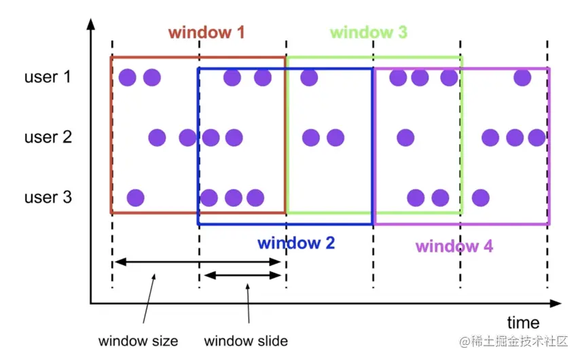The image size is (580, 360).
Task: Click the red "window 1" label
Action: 206,33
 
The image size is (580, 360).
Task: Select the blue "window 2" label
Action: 295,242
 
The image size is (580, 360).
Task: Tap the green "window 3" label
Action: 368,33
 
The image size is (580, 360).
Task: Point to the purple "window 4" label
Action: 454,246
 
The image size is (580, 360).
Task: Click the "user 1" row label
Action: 47,77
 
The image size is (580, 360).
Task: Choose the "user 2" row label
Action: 48,137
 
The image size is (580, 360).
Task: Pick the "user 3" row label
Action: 48,198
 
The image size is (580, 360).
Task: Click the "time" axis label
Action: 523,323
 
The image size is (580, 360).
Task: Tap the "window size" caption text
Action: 138,340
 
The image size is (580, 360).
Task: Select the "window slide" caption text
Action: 246,340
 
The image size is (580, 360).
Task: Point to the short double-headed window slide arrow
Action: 242,275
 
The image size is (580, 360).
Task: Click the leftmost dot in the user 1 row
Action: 127,77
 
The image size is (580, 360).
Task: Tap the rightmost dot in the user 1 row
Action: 522,77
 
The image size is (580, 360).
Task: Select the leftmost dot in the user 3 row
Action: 135,198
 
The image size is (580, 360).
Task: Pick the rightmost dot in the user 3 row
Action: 480,198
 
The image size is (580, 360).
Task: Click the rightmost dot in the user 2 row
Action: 537,138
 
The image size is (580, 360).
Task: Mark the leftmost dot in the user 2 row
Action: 157,138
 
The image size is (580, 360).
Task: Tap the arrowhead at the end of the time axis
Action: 556,302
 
